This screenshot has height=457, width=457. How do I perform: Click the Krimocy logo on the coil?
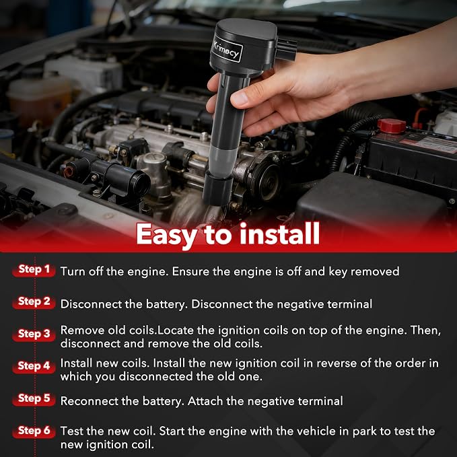[227, 49]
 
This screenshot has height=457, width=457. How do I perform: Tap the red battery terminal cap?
[392, 126]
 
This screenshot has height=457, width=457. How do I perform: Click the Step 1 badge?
[34, 270]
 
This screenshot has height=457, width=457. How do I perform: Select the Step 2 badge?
[34, 302]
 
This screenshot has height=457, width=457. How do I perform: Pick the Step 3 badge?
[34, 334]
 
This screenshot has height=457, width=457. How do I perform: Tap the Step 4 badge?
[34, 366]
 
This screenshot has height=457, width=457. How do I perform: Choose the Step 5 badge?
[34, 398]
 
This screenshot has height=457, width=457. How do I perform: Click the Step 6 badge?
[34, 431]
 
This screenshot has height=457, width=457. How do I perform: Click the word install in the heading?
[280, 234]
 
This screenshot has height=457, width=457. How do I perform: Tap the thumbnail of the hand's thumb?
[240, 98]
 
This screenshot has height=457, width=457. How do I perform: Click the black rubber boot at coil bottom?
[217, 188]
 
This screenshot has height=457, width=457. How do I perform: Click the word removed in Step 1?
[375, 271]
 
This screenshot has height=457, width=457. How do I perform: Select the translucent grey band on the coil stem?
[221, 161]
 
